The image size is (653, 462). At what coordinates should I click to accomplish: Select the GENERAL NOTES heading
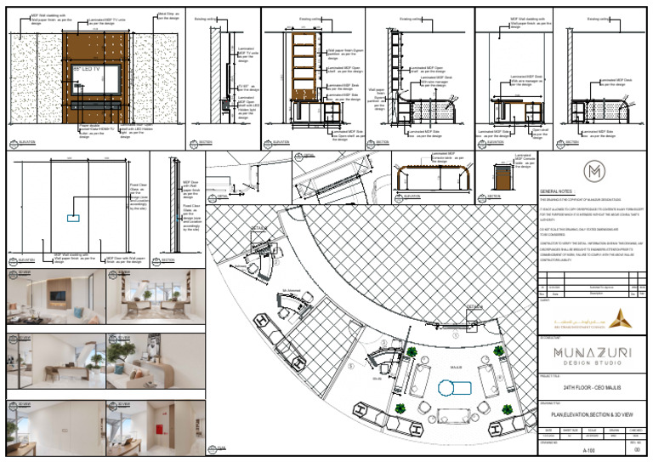coord(557,192)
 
